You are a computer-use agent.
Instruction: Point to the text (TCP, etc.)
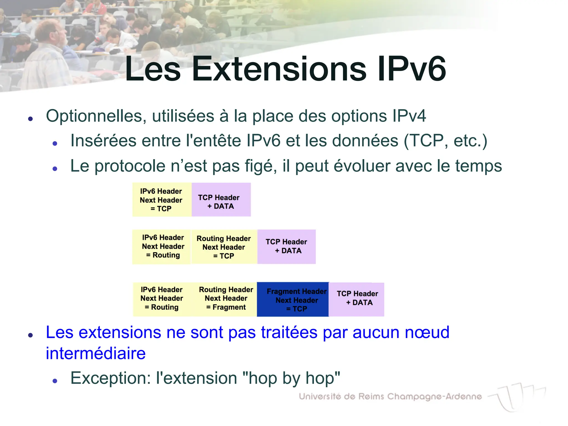(445, 141)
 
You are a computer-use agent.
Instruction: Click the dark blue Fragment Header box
(293, 300)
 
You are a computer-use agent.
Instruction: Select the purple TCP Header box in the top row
(221, 200)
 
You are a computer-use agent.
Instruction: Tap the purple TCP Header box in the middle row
(286, 247)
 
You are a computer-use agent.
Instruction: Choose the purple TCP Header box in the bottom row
(357, 300)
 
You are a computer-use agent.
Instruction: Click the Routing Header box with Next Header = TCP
(224, 247)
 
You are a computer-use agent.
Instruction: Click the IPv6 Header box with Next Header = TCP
(162, 200)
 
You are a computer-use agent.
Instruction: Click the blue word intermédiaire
(96, 353)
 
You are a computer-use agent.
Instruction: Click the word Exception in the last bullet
(110, 378)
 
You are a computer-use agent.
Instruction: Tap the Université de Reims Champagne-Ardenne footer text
(390, 397)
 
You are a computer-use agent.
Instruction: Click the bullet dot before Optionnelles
(31, 119)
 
